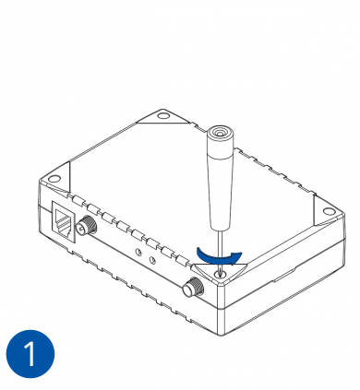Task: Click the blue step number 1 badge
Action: tap(30, 354)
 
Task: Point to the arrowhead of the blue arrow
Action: tap(236, 257)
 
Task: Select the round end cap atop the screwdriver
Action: tap(219, 134)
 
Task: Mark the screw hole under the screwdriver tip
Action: tap(220, 273)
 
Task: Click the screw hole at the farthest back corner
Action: tap(162, 116)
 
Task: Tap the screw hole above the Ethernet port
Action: tap(54, 179)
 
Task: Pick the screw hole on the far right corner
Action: tap(329, 211)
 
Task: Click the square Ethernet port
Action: tap(63, 222)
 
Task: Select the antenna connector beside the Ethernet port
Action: tap(87, 226)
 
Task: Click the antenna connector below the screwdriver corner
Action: tap(192, 287)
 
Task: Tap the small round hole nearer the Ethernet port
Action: tap(139, 253)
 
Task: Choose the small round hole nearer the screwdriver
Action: tap(152, 260)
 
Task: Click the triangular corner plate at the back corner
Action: tap(163, 117)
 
